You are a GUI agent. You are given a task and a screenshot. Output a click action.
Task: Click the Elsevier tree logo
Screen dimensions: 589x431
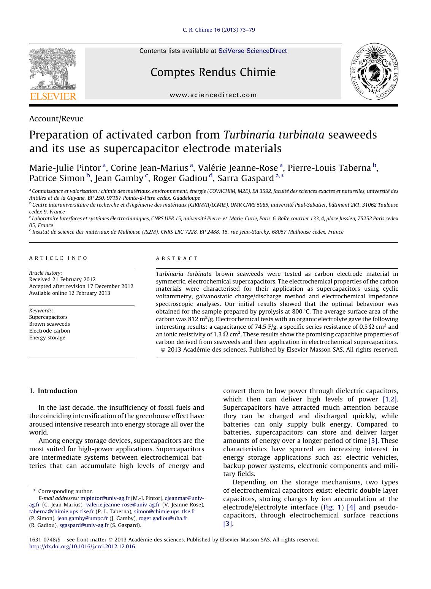pyautogui.click(x=53, y=74)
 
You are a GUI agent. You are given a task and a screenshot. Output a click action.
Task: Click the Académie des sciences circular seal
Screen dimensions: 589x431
pyautogui.click(x=374, y=72)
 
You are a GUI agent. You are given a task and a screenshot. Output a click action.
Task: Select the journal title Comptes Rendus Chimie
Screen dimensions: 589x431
pyautogui.click(x=213, y=72)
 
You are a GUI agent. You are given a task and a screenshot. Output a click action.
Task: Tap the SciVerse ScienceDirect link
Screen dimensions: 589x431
pyautogui.click(x=252, y=51)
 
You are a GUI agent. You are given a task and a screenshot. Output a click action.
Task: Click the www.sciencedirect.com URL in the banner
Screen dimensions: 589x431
pyautogui.click(x=213, y=95)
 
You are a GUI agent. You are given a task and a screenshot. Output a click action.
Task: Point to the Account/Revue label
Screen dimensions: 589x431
pyautogui.click(x=56, y=119)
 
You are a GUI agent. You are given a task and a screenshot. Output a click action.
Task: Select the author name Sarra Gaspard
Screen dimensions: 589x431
pyautogui.click(x=246, y=178)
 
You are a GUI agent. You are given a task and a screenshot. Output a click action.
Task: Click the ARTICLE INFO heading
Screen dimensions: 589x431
pyautogui.click(x=59, y=258)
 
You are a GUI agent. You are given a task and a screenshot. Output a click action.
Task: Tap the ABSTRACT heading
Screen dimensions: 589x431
pyautogui.click(x=177, y=258)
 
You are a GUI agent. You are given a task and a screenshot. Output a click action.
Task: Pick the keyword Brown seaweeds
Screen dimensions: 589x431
pyautogui.click(x=49, y=324)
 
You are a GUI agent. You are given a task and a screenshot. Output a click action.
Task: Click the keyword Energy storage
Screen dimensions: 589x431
pyautogui.click(x=47, y=338)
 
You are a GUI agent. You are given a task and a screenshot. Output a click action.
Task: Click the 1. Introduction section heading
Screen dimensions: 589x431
pyautogui.click(x=53, y=391)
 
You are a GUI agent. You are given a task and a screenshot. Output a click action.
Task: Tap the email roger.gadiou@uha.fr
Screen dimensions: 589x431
pyautogui.click(x=163, y=518)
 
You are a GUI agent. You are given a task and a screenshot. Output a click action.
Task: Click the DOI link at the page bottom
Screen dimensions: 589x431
pyautogui.click(x=82, y=547)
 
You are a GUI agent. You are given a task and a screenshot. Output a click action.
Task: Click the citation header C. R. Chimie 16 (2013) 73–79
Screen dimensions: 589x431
pyautogui.click(x=219, y=30)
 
